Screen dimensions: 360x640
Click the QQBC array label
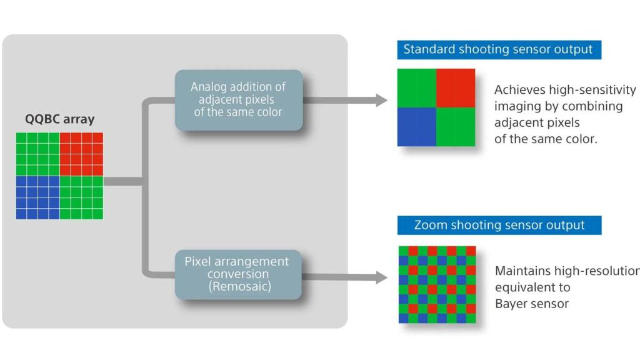point(59,119)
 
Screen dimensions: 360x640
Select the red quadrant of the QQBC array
point(81,154)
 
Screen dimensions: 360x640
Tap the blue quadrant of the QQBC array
point(37,197)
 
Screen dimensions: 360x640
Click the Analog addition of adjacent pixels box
point(238,99)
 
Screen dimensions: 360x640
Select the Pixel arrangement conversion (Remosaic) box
point(238,274)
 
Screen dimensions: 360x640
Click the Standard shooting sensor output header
point(498,49)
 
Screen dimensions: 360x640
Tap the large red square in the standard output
point(456,87)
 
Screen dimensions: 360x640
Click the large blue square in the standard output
point(416,127)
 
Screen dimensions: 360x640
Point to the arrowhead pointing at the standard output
point(381,99)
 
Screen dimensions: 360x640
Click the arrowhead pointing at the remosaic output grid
point(381,279)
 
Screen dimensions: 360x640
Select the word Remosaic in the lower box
point(237,287)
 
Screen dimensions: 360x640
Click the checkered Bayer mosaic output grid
point(437,284)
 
